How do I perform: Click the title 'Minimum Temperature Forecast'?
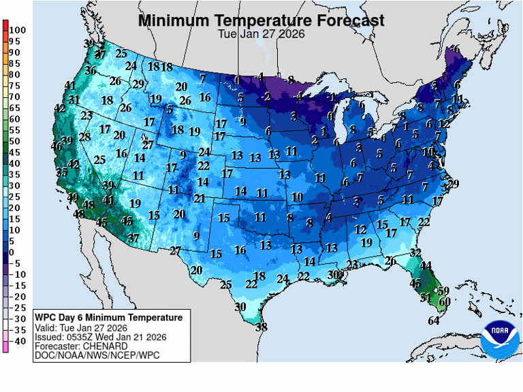coord(261,20)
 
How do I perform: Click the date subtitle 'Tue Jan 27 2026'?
coord(261,34)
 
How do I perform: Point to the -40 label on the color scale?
coord(18,341)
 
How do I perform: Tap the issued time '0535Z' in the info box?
coord(80,337)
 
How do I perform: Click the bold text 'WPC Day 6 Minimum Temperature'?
coord(109,318)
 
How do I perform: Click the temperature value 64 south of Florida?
coord(434,321)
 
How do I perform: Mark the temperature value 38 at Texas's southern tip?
coord(261,327)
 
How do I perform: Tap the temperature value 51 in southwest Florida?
coord(426,297)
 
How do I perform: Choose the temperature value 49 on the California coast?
coord(74,197)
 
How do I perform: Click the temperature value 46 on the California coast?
coord(57,146)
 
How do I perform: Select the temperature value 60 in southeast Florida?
coord(445,301)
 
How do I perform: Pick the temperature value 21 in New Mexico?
coord(200,199)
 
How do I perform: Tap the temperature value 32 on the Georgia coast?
coord(415,252)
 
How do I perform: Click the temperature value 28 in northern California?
coord(84,137)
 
